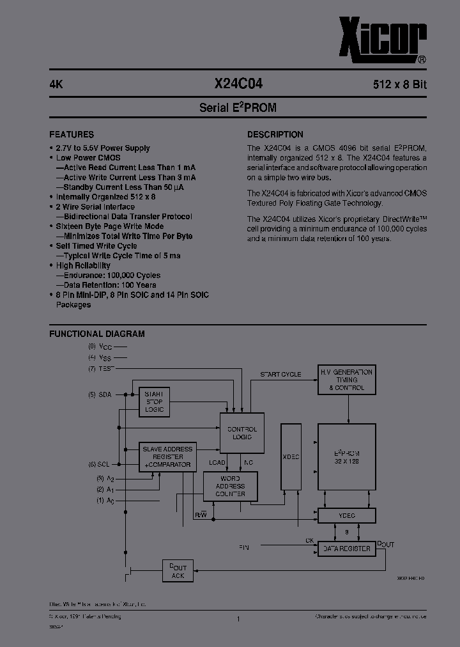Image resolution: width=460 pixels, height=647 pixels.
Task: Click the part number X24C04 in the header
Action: click(238, 83)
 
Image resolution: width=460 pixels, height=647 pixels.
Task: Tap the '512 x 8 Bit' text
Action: click(399, 84)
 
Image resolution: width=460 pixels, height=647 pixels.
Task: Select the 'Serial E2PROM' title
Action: click(238, 108)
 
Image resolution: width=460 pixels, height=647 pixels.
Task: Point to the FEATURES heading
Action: click(72, 135)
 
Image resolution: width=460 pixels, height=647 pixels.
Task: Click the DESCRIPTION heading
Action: click(275, 135)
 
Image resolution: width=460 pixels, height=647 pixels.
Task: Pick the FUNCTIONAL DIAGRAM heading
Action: click(97, 334)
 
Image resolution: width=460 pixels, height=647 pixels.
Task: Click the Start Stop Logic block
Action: click(154, 401)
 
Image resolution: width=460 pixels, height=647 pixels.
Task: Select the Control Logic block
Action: click(241, 433)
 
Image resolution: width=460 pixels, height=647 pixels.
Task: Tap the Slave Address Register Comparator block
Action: click(167, 457)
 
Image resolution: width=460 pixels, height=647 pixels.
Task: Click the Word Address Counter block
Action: click(230, 487)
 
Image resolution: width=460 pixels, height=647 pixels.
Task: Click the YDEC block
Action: click(347, 515)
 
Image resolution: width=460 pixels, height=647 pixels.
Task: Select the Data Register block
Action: click(347, 549)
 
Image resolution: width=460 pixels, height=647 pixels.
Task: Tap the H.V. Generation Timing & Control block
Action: click(347, 380)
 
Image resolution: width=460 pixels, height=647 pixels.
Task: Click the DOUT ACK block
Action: click(178, 572)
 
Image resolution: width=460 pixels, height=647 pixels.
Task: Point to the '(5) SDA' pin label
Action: click(100, 395)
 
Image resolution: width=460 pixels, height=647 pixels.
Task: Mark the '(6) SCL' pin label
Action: click(100, 465)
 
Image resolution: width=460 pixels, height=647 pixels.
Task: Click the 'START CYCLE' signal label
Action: click(280, 374)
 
